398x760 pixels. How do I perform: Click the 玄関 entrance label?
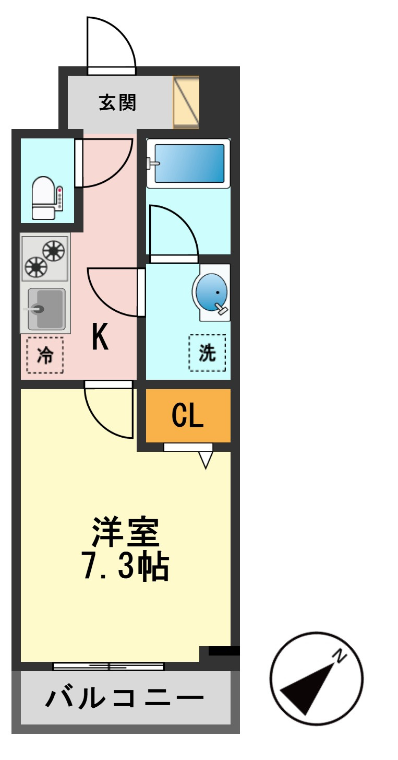[x=117, y=102]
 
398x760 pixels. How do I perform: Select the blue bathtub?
[x=189, y=163]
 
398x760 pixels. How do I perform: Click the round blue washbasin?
[x=211, y=293]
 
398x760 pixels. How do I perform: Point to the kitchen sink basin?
[x=46, y=309]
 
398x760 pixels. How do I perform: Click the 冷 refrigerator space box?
[x=45, y=355]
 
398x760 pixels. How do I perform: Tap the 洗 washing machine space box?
[x=207, y=353]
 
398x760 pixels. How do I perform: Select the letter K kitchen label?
[x=100, y=336]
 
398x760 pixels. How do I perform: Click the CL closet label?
[x=188, y=415]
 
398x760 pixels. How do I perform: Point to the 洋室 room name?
[x=126, y=531]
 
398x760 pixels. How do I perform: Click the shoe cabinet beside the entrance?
[x=186, y=102]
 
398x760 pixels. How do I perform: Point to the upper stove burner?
[x=54, y=251]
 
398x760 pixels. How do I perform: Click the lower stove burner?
[x=36, y=267]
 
